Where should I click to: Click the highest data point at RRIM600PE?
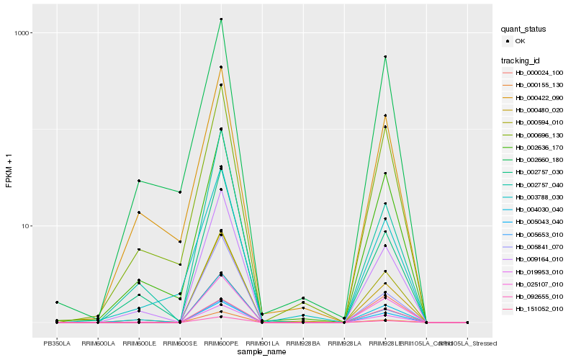pos(221,19)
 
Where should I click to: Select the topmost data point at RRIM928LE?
pos(386,57)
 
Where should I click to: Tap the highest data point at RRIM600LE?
pos(139,181)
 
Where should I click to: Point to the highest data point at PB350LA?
pos(57,302)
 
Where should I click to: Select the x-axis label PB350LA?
pos(57,344)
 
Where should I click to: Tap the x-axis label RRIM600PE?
pos(221,344)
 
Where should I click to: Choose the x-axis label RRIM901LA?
pos(262,344)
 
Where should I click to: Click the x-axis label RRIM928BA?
pos(303,344)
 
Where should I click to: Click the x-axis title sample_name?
pos(261,353)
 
